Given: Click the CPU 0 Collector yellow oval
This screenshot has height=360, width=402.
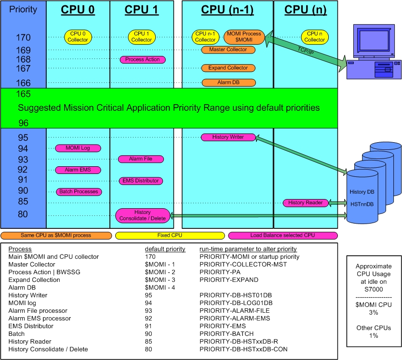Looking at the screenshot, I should coord(78,37).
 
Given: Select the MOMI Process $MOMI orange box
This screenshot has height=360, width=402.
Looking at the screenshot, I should coord(244,37).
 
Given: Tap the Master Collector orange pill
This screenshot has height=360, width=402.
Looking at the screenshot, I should coord(228,50).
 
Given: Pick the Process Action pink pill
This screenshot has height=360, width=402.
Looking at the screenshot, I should coord(143,59).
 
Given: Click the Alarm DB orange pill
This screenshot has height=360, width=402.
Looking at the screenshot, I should coord(228,82).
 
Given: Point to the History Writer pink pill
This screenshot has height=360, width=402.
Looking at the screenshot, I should coord(228,137).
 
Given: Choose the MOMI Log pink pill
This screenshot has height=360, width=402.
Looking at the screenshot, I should coord(78,148).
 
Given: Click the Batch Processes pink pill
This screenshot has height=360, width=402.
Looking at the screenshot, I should coord(78,192).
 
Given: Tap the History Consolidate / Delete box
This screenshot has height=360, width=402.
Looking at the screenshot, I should coord(143,215).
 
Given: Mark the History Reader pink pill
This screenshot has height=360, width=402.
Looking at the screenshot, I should coord(306,202).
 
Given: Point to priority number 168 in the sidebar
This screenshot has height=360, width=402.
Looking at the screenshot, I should coord(23,59).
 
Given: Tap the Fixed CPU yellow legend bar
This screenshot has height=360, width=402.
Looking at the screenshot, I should coord(170,236).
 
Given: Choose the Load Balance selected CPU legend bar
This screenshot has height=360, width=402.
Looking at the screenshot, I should coord(282,236).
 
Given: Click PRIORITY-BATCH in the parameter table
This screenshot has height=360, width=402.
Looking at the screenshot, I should coord(225,333).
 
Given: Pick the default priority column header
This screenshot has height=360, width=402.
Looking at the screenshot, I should coord(165,249).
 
